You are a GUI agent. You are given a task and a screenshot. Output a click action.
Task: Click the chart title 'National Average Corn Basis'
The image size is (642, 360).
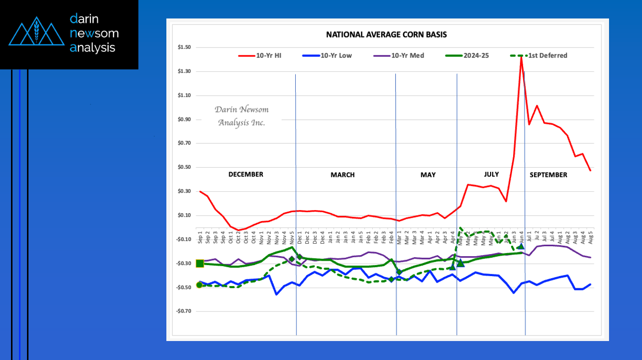coord(386,35)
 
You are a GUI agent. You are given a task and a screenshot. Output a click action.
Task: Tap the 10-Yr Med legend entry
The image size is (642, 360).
coord(400,55)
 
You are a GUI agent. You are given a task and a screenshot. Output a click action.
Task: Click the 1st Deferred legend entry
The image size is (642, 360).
coord(542,55)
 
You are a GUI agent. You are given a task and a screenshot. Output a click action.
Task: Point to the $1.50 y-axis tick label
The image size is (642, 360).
coord(184,47)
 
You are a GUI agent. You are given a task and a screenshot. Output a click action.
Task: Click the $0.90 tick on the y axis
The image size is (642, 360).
coord(184,119)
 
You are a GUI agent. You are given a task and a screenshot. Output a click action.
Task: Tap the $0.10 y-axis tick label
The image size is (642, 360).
coord(184,215)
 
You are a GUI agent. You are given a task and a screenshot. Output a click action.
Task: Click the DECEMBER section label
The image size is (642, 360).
coord(245,175)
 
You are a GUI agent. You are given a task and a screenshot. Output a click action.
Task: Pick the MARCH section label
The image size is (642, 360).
coord(342,175)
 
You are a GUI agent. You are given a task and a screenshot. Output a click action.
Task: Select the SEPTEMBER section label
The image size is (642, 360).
coord(548,175)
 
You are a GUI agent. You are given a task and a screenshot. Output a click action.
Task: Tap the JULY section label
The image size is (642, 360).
coord(491,174)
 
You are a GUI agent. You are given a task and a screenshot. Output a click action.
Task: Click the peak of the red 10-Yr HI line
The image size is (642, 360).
coord(521,57)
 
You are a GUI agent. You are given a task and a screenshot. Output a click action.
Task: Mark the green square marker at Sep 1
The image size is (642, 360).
coord(200,264)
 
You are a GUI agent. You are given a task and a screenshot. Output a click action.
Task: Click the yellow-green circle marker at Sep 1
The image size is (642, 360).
coord(199,285)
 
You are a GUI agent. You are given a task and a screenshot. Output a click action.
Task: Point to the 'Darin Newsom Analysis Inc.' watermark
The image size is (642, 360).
coord(241,116)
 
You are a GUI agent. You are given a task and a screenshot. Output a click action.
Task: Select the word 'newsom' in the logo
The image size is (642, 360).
coord(94,33)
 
